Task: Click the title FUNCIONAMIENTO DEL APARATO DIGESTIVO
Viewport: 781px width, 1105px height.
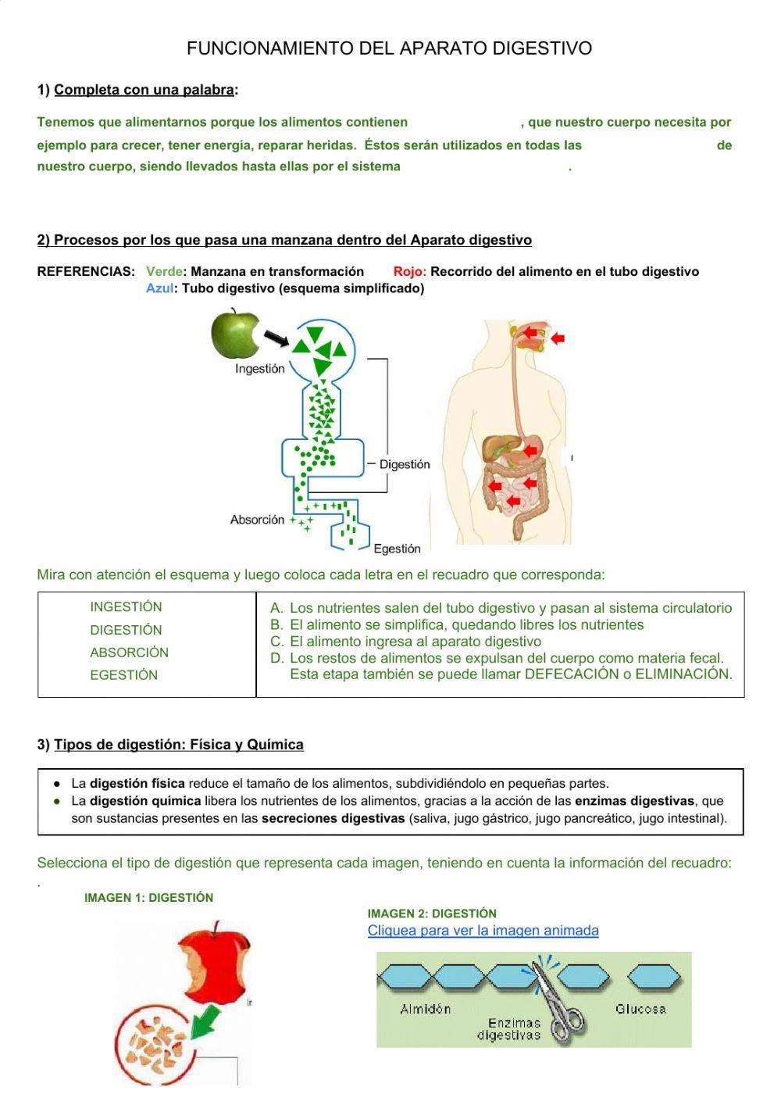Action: coord(389,48)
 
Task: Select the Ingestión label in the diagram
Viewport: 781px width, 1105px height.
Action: coord(259,369)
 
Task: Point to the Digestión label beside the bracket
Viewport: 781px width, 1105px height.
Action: coord(404,464)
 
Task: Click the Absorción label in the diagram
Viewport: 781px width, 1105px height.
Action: coord(257,520)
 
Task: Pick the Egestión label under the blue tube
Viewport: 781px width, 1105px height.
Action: coord(397,549)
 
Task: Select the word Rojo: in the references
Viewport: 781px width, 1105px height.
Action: coord(409,271)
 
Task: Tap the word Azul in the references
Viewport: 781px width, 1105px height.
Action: coord(159,288)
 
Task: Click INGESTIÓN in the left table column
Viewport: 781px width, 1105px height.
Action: coord(126,607)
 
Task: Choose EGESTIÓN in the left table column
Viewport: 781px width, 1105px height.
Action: coord(123,675)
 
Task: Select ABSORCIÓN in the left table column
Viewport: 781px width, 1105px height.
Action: coord(129,653)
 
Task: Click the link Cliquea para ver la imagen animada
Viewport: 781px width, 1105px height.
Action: coord(483,931)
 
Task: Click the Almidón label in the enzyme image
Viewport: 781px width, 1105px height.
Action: coord(425,1009)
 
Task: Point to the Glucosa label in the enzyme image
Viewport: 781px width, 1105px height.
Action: coord(640,1009)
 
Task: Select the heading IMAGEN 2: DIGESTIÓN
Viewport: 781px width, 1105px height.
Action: coord(432,914)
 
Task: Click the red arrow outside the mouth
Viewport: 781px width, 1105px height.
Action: coord(558,338)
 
